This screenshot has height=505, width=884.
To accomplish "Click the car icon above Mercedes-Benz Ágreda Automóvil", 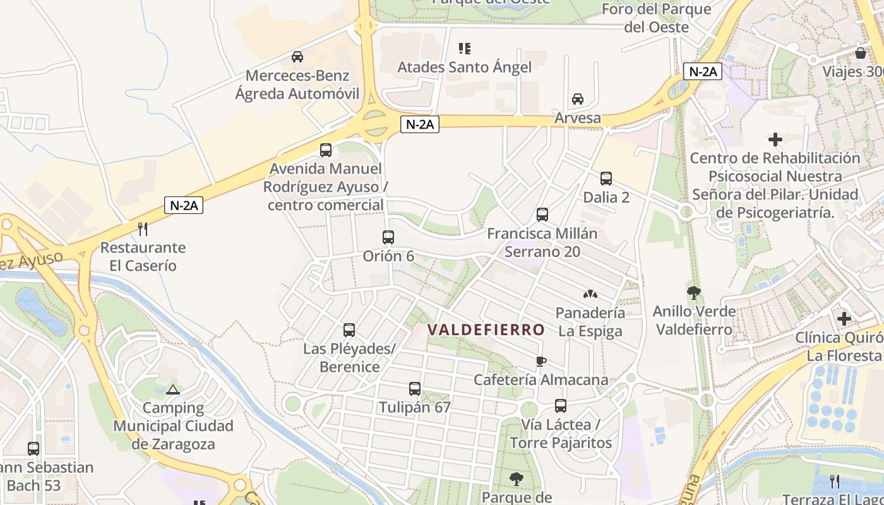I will pos(297,56).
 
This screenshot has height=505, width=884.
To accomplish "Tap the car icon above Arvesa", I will pos(577,99).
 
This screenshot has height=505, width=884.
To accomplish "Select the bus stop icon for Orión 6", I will pos(388,237).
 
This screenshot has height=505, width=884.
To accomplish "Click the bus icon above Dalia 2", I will pos(606,179).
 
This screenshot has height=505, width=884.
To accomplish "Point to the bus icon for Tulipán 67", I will pos(415,389).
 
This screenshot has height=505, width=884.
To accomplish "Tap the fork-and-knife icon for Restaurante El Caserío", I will pos(143,229).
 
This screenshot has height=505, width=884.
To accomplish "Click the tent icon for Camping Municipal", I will pos(173,389).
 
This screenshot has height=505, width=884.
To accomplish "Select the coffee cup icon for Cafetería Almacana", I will pos(541,361).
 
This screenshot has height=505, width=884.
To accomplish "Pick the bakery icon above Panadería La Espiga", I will pos(590,294).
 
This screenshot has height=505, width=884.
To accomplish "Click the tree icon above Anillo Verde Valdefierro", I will pos(694,293).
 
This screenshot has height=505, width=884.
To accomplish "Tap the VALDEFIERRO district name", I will pos(486,330).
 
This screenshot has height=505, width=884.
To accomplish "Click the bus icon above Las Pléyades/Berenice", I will pos(349,330).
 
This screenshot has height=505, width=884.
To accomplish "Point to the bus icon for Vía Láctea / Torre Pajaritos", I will pos(561,406).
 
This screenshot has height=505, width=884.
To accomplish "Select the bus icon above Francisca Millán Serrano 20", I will pos(542,215).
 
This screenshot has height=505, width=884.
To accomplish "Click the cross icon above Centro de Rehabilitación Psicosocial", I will pos(775,139).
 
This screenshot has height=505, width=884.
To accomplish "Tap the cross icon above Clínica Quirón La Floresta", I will pos(844,319).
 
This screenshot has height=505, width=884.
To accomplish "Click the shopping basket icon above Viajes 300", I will pos(860,52).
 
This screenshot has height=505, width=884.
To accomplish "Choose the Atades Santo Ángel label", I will pos(464,67).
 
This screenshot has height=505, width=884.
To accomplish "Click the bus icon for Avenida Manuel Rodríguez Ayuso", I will pos(326,150).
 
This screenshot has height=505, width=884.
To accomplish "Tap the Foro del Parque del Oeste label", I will pos(656,18).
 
